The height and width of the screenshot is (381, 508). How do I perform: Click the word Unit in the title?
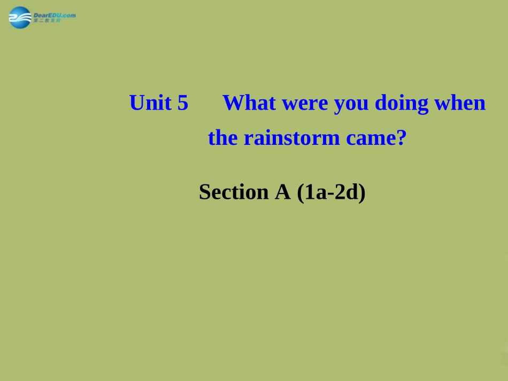[x=151, y=103]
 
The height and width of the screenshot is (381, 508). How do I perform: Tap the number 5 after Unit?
[x=183, y=103]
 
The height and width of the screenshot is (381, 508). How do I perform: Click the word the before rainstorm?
[x=222, y=138]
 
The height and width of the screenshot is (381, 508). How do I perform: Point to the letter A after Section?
[x=282, y=192]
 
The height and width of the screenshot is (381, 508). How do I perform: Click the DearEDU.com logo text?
[x=54, y=14]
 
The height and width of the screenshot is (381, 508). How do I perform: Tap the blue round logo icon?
[x=20, y=18]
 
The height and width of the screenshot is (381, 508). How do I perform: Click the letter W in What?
[x=232, y=103]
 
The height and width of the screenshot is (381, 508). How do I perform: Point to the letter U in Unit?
[x=136, y=103]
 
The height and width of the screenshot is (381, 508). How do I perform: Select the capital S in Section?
[x=204, y=192]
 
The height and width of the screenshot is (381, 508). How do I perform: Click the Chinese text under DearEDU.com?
[x=48, y=20]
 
